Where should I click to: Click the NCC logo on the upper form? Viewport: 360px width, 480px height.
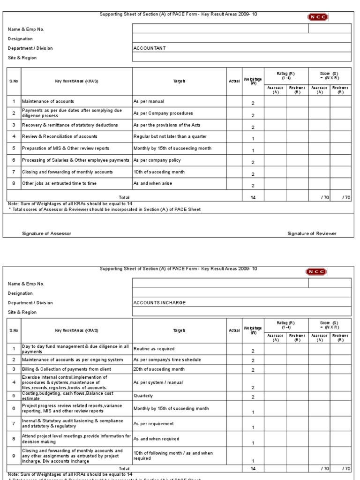[x=318, y=17]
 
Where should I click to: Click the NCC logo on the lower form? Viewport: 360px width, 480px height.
[x=318, y=272]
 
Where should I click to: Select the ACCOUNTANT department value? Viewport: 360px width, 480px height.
[x=150, y=48]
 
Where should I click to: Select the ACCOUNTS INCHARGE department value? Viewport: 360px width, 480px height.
[x=159, y=303]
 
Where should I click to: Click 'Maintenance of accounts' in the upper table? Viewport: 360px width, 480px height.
[x=48, y=101]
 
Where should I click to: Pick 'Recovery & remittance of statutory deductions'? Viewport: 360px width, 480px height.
[x=70, y=125]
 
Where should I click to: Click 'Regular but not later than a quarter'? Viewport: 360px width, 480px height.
[x=170, y=136]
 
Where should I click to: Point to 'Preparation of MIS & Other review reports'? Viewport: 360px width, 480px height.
[x=66, y=148]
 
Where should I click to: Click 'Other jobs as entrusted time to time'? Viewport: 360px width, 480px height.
[x=59, y=183]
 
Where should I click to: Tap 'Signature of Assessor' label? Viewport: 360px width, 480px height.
[x=47, y=233]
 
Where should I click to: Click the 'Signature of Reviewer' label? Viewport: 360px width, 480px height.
[x=312, y=233]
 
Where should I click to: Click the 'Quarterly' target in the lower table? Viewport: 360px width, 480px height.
[x=143, y=396]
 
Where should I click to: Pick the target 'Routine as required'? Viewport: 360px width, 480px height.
[x=154, y=349]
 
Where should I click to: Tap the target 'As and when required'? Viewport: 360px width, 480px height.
[x=157, y=439]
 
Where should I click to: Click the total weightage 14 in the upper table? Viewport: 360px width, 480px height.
[x=253, y=198]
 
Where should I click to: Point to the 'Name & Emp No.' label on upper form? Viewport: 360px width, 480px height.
[x=26, y=30]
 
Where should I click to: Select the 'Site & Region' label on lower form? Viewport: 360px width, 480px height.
[x=22, y=312]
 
